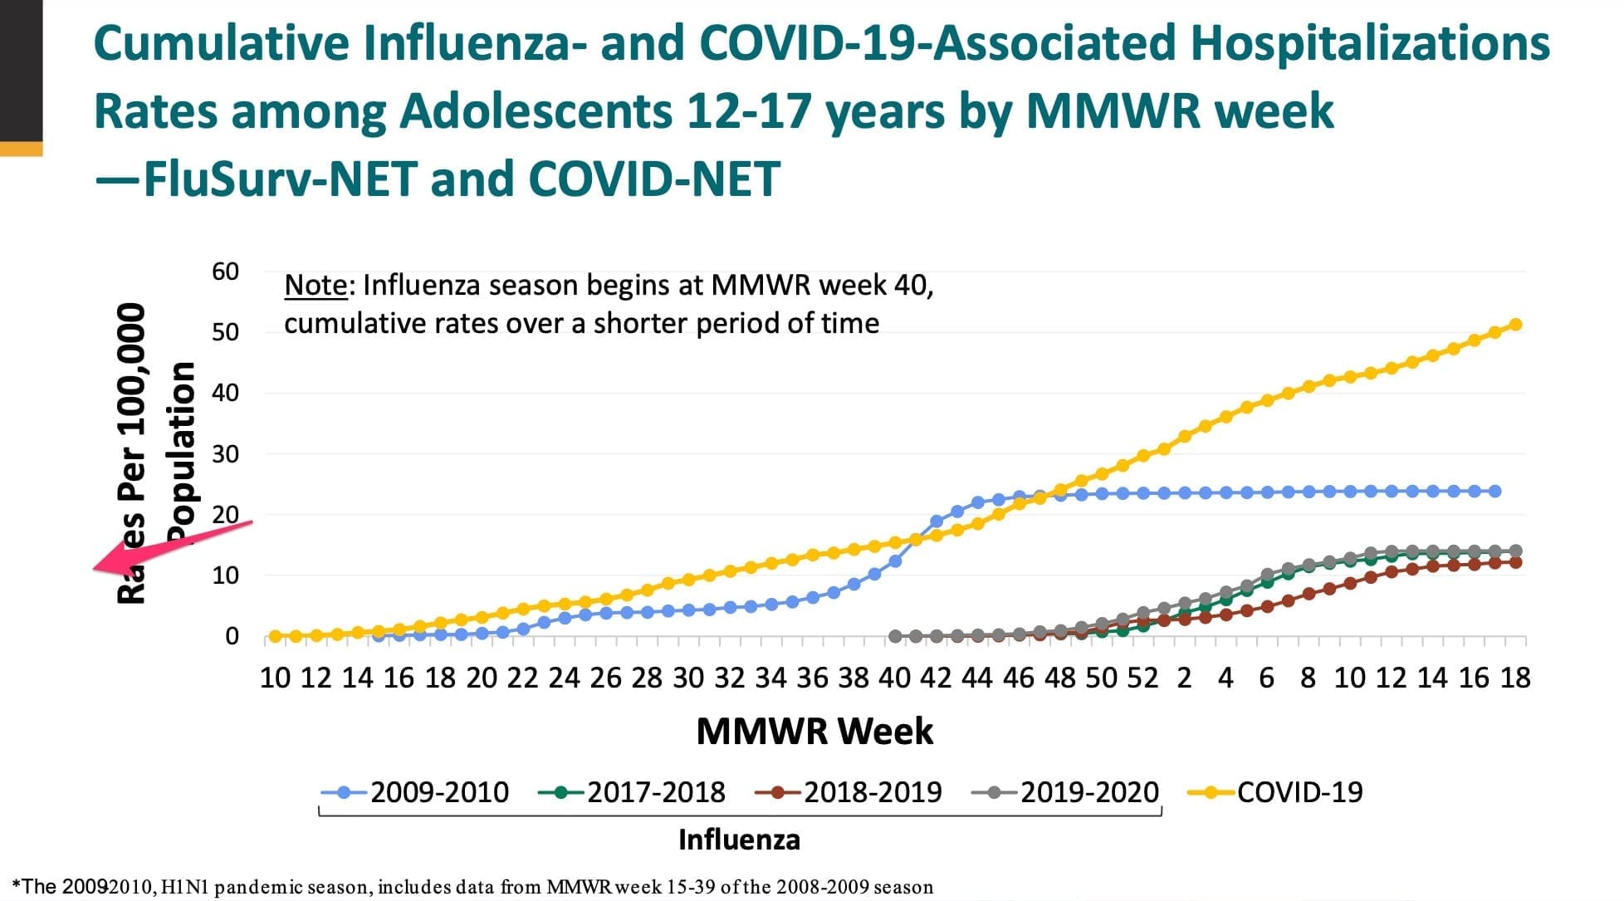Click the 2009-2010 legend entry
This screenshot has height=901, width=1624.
coord(438,792)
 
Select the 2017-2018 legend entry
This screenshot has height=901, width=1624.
coord(655,792)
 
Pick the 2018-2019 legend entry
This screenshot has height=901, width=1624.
coord(872,792)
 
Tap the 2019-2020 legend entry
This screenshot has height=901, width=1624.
coord(1088,792)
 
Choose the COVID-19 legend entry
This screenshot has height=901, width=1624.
coord(1299,792)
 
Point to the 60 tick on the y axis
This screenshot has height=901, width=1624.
coord(225,272)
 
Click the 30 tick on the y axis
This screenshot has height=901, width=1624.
coord(225,454)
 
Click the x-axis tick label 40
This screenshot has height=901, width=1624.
coord(895,678)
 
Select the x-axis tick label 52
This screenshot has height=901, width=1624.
coord(1142,678)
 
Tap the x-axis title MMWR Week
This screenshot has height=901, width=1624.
coord(814,732)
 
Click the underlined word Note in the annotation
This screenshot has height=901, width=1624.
coord(316,286)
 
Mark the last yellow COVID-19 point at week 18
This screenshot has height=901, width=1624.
coord(1515,325)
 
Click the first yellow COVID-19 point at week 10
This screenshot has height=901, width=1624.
coord(275,637)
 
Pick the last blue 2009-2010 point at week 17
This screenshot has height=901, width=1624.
coord(1495,492)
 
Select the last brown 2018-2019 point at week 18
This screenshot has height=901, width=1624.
coord(1516,562)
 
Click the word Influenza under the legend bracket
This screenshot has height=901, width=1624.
coord(739,840)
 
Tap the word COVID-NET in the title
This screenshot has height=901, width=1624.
coord(653,179)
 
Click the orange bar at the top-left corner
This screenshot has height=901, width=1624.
coord(21,149)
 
